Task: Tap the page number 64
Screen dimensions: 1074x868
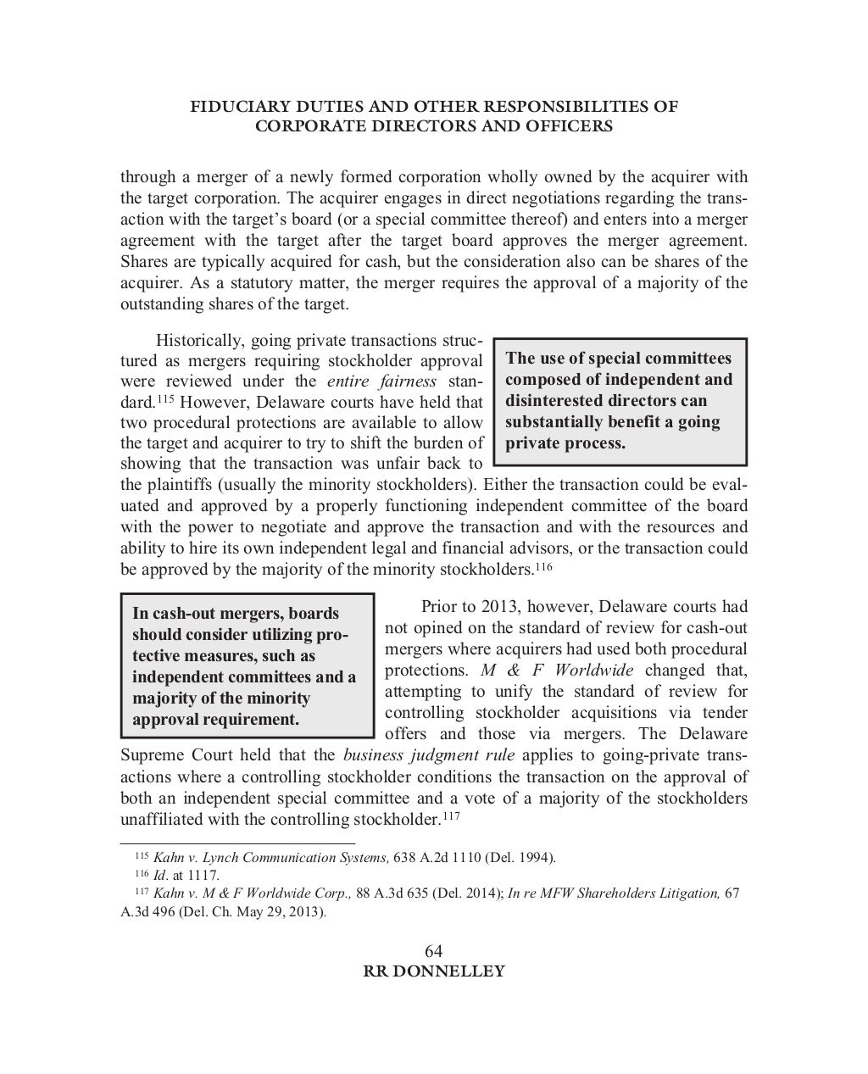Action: [x=433, y=951]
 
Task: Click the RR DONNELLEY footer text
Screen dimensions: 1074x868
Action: [x=433, y=971]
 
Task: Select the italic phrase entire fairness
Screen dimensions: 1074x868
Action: [x=381, y=381]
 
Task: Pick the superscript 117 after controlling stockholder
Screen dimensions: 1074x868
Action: [x=451, y=816]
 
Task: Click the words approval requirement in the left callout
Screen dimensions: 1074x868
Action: [x=215, y=720]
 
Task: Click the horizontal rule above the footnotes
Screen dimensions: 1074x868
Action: [x=237, y=844]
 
